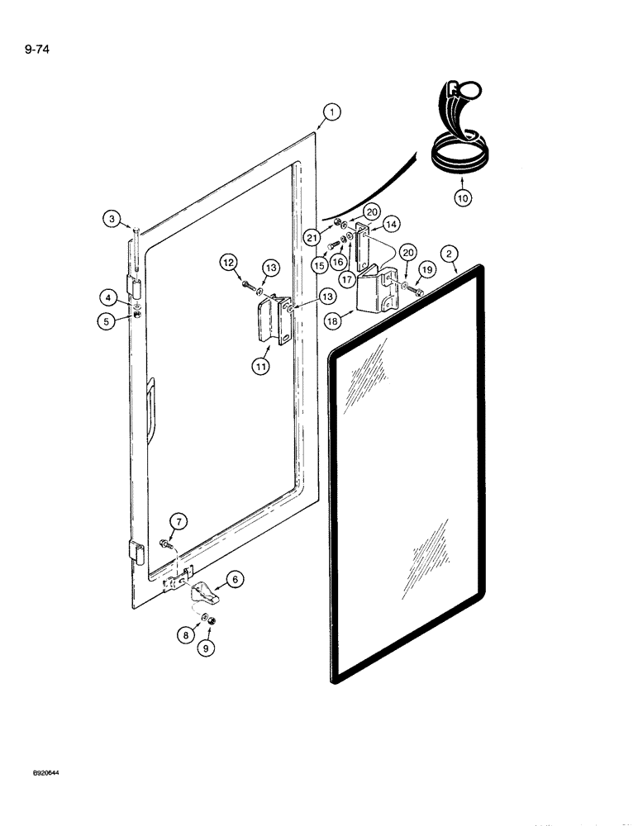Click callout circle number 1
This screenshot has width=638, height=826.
(x=331, y=112)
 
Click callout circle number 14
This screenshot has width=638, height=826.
(x=390, y=223)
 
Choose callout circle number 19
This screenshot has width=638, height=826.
(x=427, y=268)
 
